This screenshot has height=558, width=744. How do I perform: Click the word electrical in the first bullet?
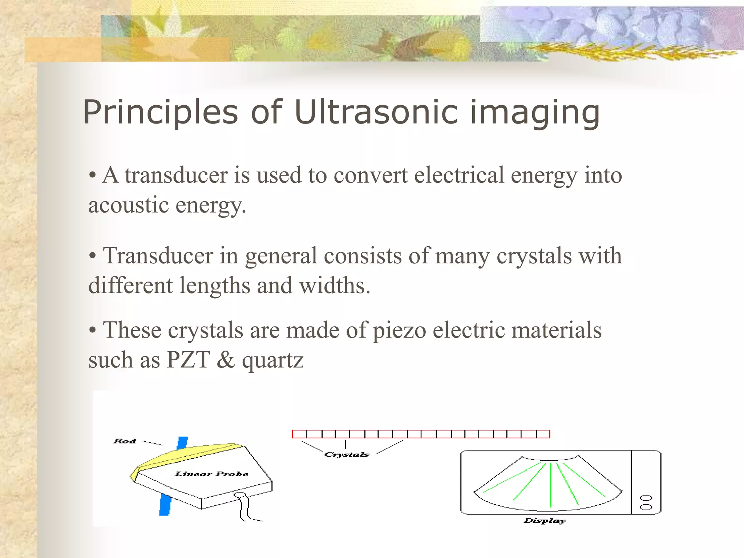pos(459,175)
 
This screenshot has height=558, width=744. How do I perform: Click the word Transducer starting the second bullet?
pos(158,256)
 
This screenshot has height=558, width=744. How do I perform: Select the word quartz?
pos(272,361)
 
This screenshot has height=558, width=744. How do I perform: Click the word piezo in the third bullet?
pos(400,331)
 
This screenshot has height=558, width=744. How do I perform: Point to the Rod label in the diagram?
pos(125,441)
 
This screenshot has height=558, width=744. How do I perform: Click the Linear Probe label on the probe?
pos(211,474)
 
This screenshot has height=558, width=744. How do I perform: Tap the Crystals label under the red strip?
pos(347,454)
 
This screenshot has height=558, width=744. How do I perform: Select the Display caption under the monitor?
pos(544,521)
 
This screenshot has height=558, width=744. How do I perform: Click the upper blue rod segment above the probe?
pos(182,443)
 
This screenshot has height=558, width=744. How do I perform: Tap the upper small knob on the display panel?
pos(646,498)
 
